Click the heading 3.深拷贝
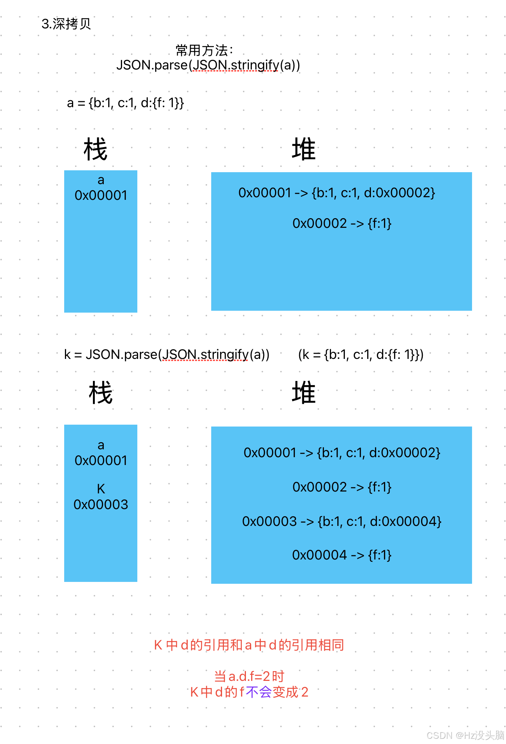tap(66, 24)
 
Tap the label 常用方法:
tap(204, 50)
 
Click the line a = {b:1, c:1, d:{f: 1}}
tap(125, 103)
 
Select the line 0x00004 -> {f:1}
tap(341, 555)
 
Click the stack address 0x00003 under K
tap(101, 505)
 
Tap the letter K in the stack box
tap(101, 489)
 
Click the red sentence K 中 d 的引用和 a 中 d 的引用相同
tap(249, 645)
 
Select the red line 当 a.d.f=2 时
tap(249, 676)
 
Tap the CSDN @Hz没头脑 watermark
tap(465, 735)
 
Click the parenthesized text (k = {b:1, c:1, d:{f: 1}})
tap(361, 354)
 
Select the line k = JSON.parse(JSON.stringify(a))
tap(167, 354)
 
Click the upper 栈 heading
tap(96, 149)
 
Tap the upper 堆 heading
tap(303, 149)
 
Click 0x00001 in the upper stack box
tap(101, 195)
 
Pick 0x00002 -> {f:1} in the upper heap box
tap(341, 223)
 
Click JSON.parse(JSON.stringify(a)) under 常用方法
tap(208, 65)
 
